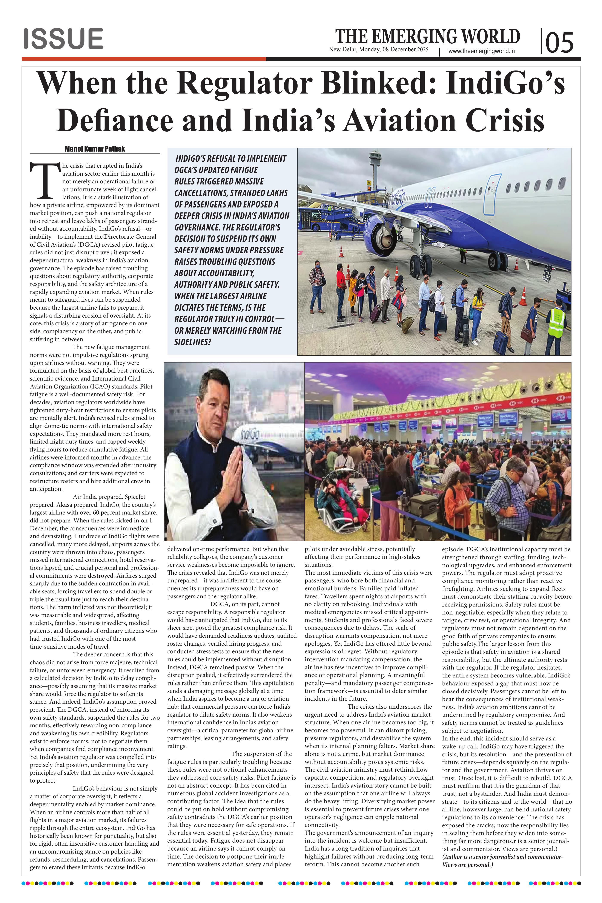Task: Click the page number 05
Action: pos(559,42)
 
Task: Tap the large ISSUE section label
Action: pos(63,39)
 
